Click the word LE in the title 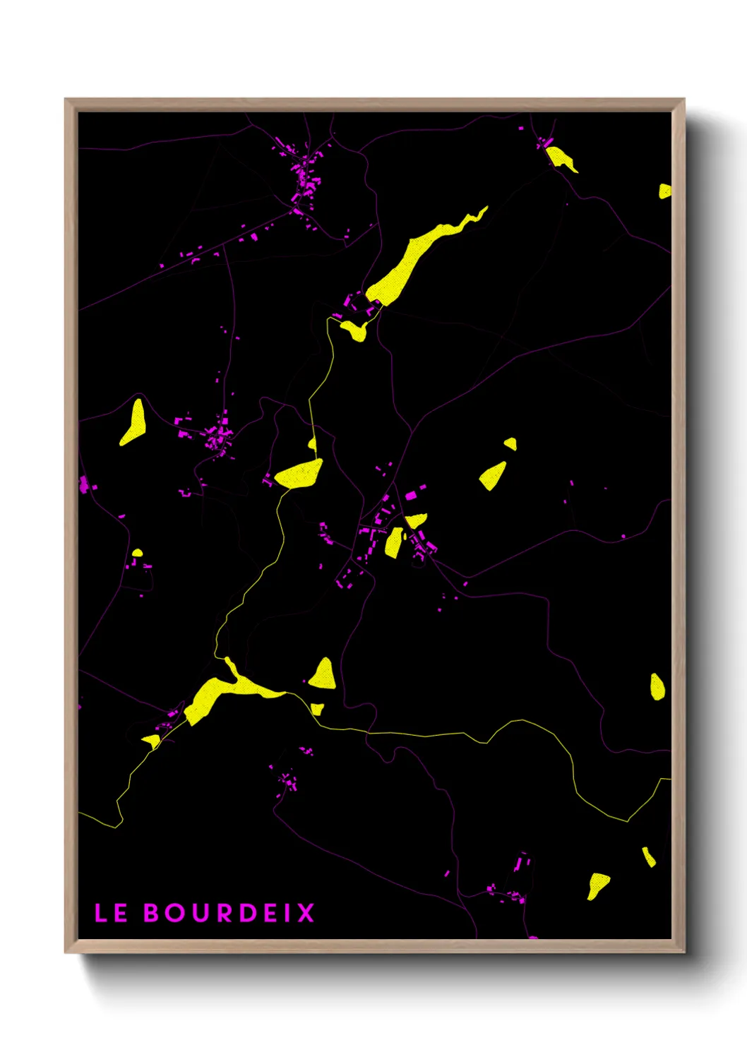[x=111, y=913]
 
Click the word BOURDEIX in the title [x=229, y=913]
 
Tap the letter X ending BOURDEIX [x=306, y=913]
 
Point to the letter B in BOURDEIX [x=153, y=913]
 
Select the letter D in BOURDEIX [x=246, y=913]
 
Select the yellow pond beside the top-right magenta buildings [x=561, y=158]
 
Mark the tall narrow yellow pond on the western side [x=133, y=422]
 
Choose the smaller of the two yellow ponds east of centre [x=510, y=443]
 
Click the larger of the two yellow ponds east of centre [x=493, y=475]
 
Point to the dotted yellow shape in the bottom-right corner [x=597, y=885]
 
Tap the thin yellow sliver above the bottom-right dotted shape [x=648, y=856]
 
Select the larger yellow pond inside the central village [x=394, y=542]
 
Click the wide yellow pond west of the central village [x=299, y=474]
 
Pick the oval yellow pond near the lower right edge [x=657, y=686]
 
